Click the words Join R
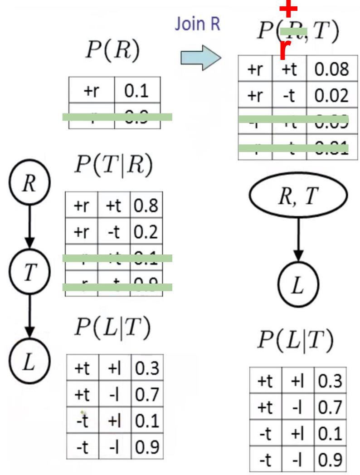tap(198, 24)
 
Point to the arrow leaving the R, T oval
tap(298, 242)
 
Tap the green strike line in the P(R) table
tap(117, 117)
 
